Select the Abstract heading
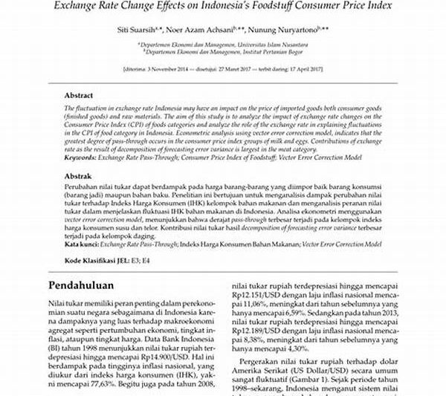coord(80,96)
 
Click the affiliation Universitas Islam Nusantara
coord(286,45)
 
